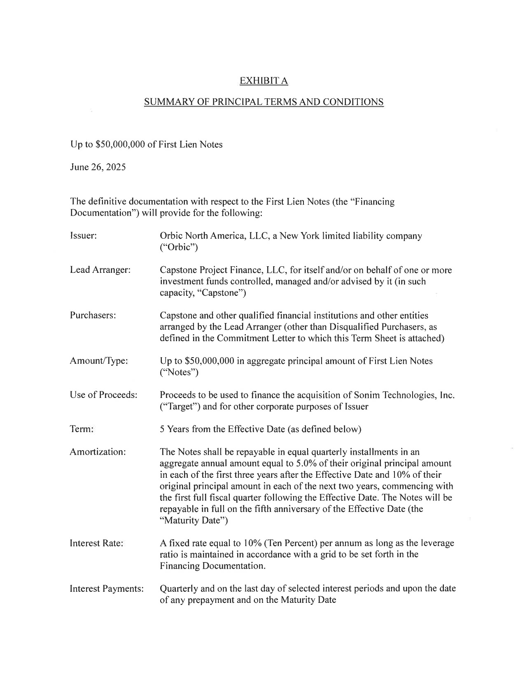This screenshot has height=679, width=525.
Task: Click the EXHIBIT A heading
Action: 264,81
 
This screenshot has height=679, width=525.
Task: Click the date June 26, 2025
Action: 98,167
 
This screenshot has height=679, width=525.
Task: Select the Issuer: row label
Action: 83,236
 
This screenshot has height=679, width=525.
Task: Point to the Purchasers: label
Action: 93,316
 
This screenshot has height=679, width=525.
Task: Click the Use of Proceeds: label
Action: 103,395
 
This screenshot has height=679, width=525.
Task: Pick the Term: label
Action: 82,429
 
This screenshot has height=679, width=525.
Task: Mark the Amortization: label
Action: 98,452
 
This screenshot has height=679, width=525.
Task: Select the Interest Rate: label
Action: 97,543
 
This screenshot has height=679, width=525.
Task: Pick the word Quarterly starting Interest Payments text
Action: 179,588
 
